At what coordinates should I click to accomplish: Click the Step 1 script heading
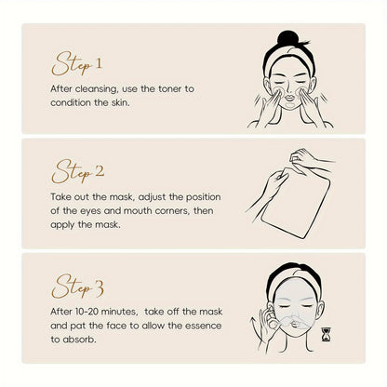coord(77,64)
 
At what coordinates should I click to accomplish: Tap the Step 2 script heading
coord(78,171)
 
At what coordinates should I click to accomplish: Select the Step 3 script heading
coord(77,286)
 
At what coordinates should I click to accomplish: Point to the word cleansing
coord(97,89)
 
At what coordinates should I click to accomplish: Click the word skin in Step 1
coord(120,102)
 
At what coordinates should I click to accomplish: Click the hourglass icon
coord(327,335)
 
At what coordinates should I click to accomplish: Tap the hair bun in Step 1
coord(288,38)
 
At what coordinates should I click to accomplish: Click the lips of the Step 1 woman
coord(290,98)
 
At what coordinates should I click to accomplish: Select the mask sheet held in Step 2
coord(295,203)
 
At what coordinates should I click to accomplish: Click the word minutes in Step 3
coord(119,312)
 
